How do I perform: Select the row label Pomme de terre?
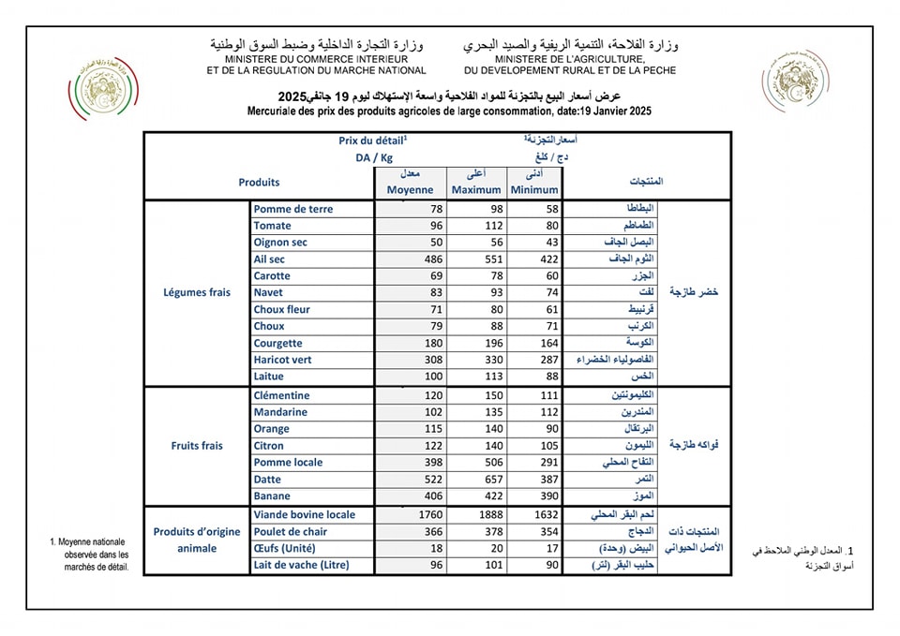293,209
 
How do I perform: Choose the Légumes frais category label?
197,292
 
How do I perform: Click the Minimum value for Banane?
545,496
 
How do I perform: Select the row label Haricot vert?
282,360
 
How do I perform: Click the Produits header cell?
259,183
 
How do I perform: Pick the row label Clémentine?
281,395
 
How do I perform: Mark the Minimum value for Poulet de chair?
545,531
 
